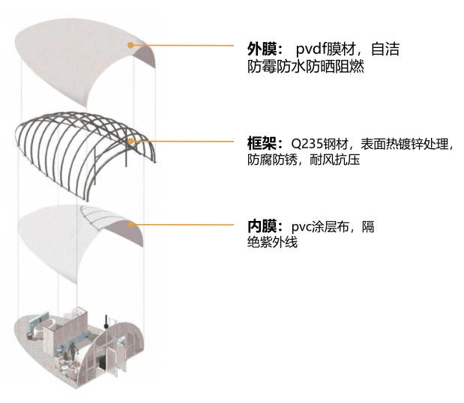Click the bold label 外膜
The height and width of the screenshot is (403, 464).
tap(261, 49)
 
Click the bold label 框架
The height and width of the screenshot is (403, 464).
tap(261, 144)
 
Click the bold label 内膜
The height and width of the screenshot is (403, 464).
tap(261, 226)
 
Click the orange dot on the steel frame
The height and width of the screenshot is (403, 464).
tap(131, 140)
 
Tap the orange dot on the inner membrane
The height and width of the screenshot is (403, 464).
tap(131, 223)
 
